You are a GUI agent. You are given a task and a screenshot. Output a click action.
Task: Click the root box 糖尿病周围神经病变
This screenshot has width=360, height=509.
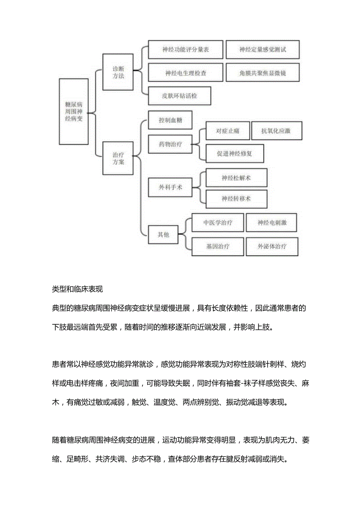point(74,111)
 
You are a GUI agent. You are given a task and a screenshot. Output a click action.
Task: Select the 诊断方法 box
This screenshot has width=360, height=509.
point(118,72)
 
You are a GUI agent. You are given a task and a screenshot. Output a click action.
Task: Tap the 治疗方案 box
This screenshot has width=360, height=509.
point(118,158)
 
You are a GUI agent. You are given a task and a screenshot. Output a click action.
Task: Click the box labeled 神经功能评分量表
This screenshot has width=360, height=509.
point(185,50)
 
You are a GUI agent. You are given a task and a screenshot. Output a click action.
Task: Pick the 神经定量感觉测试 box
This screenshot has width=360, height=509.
point(263,50)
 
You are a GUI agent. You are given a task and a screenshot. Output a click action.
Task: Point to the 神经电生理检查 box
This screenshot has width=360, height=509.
point(185,73)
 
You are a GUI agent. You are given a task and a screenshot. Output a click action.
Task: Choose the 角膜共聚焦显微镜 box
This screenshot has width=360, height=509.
point(263,73)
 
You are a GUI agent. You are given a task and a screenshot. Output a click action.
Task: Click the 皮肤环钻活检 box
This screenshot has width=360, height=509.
point(179,96)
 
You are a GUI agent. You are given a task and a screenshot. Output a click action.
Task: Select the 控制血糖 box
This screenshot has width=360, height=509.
point(170,120)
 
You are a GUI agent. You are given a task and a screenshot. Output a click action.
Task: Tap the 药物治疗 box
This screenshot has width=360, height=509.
point(170,144)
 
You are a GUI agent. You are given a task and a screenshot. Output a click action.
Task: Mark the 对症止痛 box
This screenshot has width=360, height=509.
point(227,131)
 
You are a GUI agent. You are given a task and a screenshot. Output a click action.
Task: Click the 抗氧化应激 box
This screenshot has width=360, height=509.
point(276,131)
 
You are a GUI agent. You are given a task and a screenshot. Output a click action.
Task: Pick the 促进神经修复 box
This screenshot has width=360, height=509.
point(234,153)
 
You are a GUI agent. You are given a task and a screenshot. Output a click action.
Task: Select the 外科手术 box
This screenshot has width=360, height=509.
point(170,187)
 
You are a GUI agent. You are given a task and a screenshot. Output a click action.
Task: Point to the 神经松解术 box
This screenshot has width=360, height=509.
point(236,178)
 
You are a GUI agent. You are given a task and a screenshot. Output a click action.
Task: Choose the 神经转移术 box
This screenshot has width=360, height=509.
point(236,199)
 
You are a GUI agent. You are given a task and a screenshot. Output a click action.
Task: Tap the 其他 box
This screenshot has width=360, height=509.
point(163,235)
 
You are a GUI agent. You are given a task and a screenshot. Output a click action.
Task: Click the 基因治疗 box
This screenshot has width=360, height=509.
point(218,246)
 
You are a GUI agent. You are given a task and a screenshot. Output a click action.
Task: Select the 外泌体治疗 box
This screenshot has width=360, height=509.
point(272,246)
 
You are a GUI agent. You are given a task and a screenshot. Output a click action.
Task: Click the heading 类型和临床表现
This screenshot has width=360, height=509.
point(77,290)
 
